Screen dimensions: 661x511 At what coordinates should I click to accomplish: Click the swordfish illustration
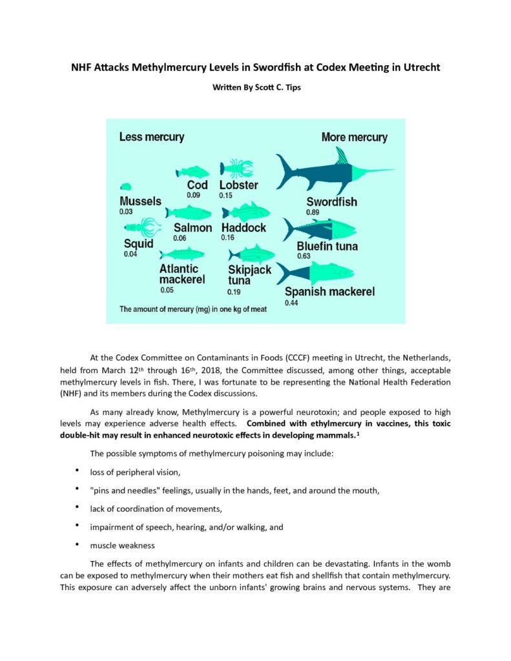click(323, 171)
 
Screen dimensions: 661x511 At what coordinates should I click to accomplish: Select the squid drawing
click(141, 228)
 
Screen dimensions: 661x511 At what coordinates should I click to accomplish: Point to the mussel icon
click(125, 187)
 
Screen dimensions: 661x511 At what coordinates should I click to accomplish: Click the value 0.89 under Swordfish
click(313, 212)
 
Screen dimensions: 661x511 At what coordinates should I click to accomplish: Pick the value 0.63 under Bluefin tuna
click(303, 256)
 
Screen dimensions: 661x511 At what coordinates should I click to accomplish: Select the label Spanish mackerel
click(329, 292)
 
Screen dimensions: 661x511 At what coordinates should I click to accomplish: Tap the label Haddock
click(244, 228)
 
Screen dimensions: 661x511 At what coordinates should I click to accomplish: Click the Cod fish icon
click(193, 172)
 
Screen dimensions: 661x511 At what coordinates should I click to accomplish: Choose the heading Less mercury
click(152, 137)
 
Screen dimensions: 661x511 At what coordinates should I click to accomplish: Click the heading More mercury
click(354, 137)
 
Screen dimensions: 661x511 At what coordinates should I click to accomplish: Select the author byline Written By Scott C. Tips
click(255, 86)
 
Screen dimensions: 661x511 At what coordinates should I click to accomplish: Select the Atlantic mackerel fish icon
click(182, 254)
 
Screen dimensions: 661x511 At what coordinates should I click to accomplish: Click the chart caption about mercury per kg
click(193, 309)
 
